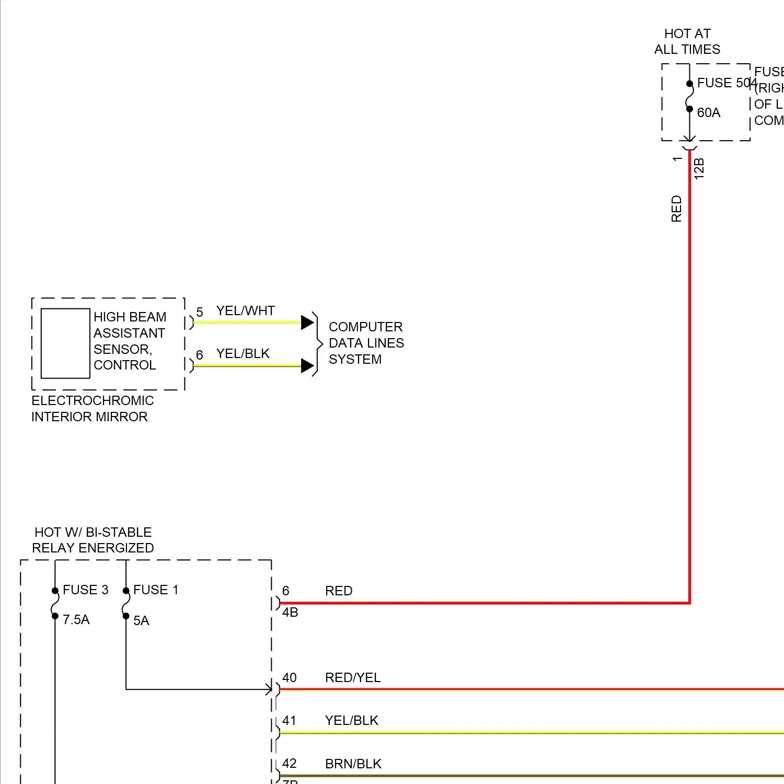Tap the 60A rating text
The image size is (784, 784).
point(709,113)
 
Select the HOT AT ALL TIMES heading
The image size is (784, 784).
point(687,42)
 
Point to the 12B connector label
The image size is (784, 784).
point(699,169)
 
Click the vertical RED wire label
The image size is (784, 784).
point(677,209)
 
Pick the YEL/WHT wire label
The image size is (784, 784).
point(246,311)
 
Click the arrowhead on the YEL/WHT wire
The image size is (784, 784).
point(307,322)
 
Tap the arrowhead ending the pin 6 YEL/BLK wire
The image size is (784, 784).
point(307,366)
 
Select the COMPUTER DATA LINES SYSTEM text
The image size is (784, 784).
point(366,343)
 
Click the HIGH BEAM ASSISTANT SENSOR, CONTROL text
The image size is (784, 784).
point(129,341)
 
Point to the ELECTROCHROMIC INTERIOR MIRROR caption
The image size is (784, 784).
point(93,409)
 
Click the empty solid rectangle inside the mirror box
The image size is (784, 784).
point(65,343)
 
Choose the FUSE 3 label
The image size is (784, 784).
point(85,590)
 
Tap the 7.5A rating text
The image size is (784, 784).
point(76,620)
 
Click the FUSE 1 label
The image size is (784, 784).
point(156,590)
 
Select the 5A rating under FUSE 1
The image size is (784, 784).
point(141,621)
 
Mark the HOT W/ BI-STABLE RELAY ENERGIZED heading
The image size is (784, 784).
point(93,540)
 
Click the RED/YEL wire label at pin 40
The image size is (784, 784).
point(353,678)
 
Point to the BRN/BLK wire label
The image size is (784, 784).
point(353,764)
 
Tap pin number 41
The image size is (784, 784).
point(289,721)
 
